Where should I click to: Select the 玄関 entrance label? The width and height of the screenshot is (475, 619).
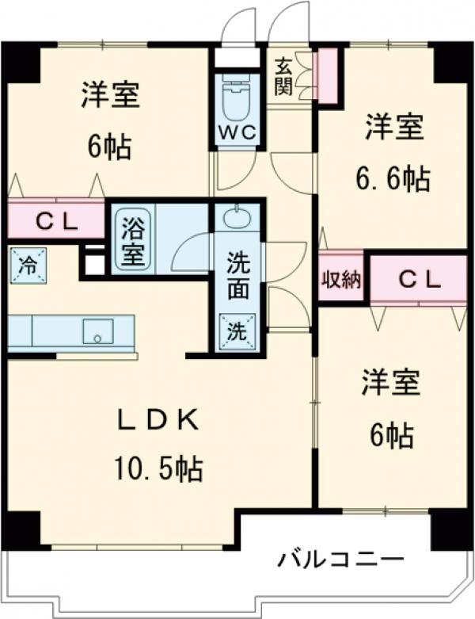pyautogui.click(x=284, y=77)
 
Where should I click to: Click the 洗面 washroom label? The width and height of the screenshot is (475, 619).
pyautogui.click(x=237, y=277)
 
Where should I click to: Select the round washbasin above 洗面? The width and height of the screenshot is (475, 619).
pyautogui.click(x=236, y=219)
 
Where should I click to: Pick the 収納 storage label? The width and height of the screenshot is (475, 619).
pyautogui.click(x=341, y=280)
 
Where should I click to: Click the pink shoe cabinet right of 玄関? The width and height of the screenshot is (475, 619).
pyautogui.click(x=326, y=73)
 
